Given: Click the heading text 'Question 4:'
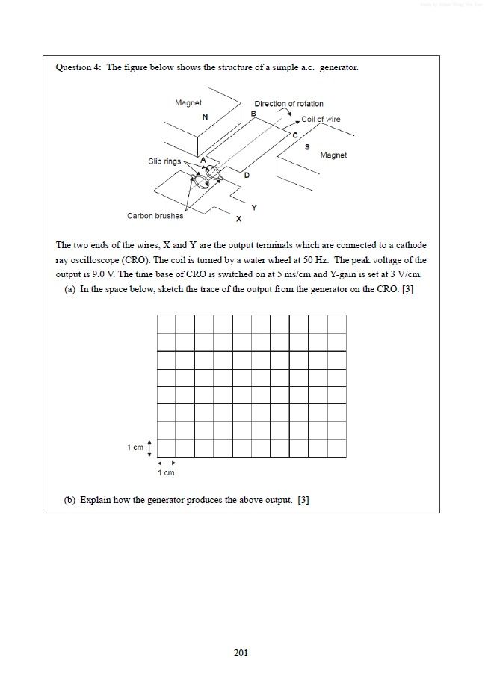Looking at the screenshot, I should [x=78, y=67].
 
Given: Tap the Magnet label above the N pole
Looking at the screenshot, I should [x=188, y=103].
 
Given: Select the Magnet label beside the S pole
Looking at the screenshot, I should [x=333, y=155].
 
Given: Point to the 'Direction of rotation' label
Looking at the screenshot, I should [x=288, y=104].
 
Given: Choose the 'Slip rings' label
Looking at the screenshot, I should [x=164, y=161].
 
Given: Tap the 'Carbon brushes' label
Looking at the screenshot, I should [x=155, y=216].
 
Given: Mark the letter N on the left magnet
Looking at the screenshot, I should [x=205, y=117].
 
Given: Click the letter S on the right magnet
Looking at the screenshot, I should [x=307, y=147].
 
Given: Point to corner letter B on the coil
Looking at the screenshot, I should [x=253, y=113].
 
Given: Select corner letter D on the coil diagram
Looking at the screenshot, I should [x=247, y=174].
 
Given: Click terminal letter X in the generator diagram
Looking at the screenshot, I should [x=238, y=220].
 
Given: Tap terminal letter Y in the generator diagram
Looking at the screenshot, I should [x=254, y=207].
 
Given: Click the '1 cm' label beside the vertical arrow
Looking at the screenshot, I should [x=135, y=447].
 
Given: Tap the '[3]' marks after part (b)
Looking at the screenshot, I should [x=303, y=500].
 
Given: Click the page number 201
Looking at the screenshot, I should [x=241, y=652].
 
